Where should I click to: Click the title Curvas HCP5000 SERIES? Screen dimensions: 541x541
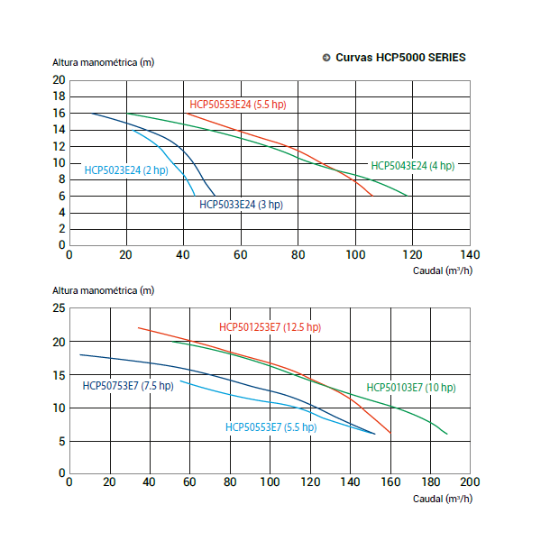400,58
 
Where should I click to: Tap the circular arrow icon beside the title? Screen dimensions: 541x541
326,58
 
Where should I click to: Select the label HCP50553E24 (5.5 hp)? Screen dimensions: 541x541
237,105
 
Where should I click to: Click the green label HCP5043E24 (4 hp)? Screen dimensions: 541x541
413,166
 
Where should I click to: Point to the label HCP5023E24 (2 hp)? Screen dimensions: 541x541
126,170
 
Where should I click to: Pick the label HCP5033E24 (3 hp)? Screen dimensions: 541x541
241,205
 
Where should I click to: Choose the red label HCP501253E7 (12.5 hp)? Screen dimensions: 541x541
270,327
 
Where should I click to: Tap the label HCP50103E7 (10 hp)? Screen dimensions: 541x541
411,388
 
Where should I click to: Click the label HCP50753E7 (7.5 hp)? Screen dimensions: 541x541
127,386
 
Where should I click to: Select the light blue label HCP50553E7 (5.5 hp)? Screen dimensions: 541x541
270,427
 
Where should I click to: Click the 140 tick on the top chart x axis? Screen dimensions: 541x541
470,254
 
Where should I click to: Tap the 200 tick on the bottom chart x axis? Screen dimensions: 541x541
470,482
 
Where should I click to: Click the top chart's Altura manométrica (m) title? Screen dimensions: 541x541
103,63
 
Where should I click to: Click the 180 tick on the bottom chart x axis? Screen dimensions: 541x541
430,482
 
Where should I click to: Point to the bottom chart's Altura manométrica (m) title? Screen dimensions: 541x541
103,290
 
